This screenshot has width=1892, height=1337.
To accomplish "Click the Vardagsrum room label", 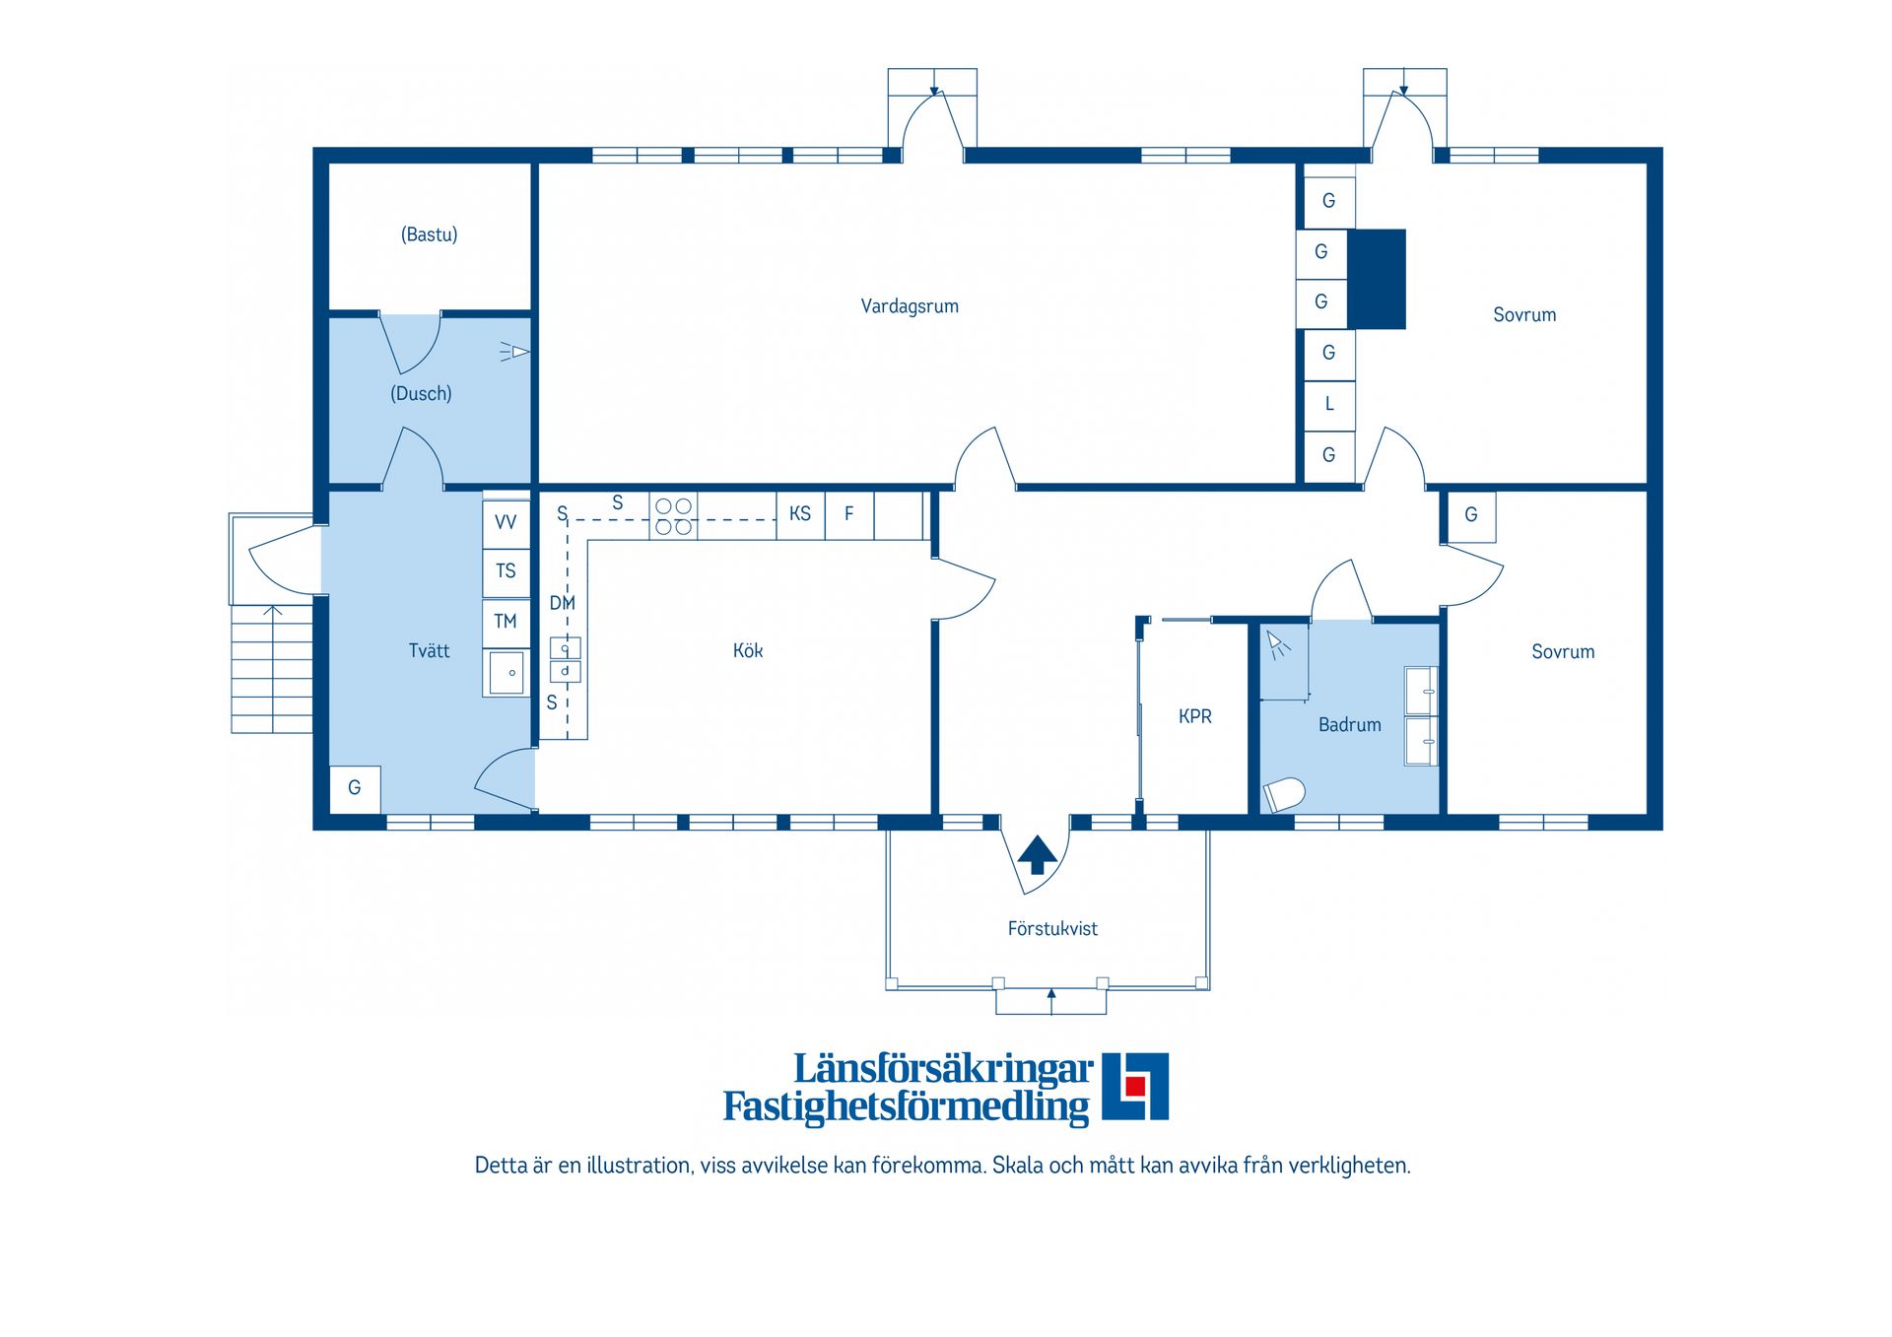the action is (x=910, y=306).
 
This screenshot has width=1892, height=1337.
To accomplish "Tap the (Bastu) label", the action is (x=429, y=234).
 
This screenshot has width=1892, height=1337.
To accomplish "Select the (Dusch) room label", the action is (x=421, y=393).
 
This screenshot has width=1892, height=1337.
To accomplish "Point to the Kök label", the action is (x=748, y=650).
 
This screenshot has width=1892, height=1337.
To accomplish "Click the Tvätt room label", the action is (x=429, y=650).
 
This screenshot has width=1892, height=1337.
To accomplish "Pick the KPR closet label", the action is (x=1195, y=716).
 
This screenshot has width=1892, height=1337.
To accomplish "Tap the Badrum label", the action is (x=1350, y=724).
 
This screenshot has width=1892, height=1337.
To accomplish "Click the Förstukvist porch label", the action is (x=1052, y=928).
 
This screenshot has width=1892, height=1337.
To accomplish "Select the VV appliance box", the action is (x=506, y=522).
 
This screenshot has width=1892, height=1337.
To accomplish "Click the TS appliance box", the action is (x=506, y=571).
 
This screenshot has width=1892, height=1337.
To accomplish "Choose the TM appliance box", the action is (x=506, y=622).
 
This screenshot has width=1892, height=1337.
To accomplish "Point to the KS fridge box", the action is (x=800, y=514).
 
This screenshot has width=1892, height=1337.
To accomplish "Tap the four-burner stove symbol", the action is (x=674, y=516).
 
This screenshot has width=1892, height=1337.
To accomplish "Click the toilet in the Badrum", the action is (x=1284, y=794).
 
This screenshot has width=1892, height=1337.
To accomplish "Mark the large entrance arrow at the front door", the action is (x=1037, y=855).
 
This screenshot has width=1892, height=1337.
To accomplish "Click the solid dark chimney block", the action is (x=1376, y=279).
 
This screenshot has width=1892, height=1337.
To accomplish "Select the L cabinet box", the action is (x=1329, y=404).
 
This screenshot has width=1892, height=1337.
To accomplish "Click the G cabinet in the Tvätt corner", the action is (x=355, y=788).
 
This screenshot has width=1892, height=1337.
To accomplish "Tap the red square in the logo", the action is (x=1135, y=1086).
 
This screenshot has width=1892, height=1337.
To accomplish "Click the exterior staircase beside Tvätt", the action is (x=272, y=670).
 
